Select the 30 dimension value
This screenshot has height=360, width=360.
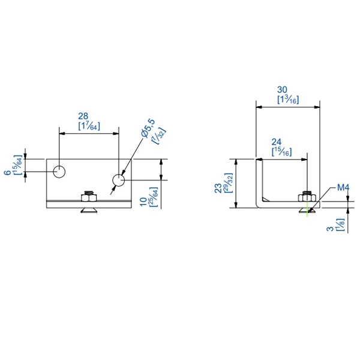(287, 89)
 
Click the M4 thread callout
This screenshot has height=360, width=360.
(343, 188)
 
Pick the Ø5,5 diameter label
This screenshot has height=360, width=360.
(148, 128)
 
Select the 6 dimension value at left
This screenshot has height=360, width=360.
(7, 172)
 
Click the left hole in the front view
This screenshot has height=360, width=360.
(59, 172)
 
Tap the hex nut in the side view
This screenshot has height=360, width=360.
(307, 197)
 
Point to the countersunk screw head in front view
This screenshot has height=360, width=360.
(89, 210)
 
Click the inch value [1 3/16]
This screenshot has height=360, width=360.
(288, 100)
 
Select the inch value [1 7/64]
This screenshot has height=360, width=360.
(89, 126)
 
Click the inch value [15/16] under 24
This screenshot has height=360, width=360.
(281, 152)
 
